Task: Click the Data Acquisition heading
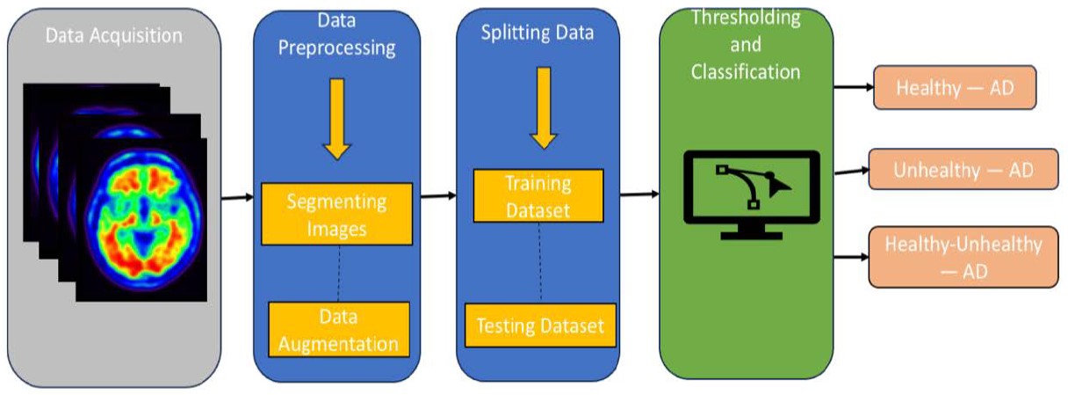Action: click(x=115, y=36)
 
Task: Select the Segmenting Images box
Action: click(x=336, y=214)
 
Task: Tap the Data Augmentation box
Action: click(x=338, y=329)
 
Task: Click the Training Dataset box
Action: click(x=538, y=195)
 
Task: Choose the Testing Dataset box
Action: click(x=539, y=326)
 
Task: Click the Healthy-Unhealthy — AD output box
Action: click(x=962, y=257)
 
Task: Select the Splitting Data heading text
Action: click(x=538, y=33)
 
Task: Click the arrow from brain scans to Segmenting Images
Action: click(x=235, y=197)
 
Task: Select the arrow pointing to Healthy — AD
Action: click(x=851, y=88)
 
